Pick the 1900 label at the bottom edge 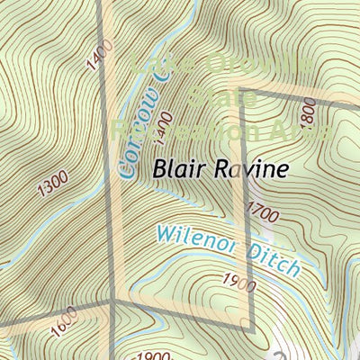tap(156, 355)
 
